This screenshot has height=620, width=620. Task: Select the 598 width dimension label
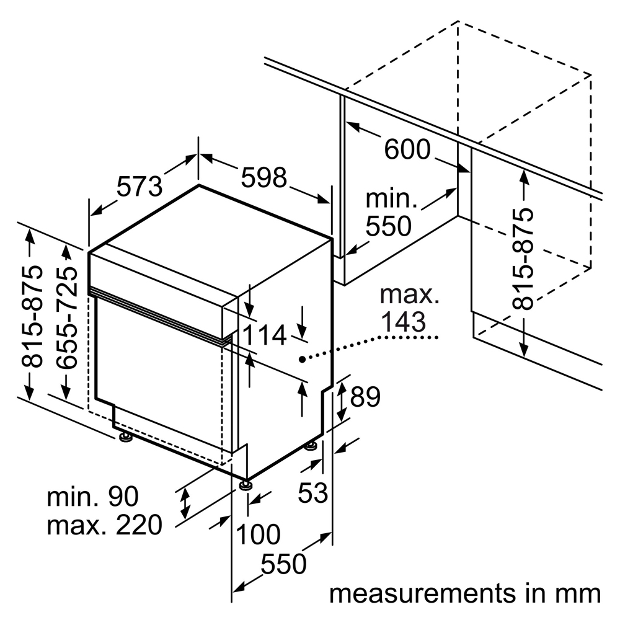pyautogui.click(x=264, y=178)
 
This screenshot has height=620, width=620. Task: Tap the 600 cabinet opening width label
pyautogui.click(x=407, y=149)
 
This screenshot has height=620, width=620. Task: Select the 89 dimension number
pyautogui.click(x=365, y=397)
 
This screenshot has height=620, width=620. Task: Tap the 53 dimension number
pyautogui.click(x=312, y=493)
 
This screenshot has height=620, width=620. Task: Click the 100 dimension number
pyautogui.click(x=258, y=534)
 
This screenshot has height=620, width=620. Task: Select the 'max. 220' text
pyautogui.click(x=104, y=525)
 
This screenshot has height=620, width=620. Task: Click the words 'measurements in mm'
pyautogui.click(x=465, y=593)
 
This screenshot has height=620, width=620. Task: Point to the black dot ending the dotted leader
pyautogui.click(x=301, y=359)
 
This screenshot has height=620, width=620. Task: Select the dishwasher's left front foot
pyautogui.click(x=126, y=438)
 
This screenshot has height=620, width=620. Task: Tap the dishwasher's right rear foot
pyautogui.click(x=311, y=446)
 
